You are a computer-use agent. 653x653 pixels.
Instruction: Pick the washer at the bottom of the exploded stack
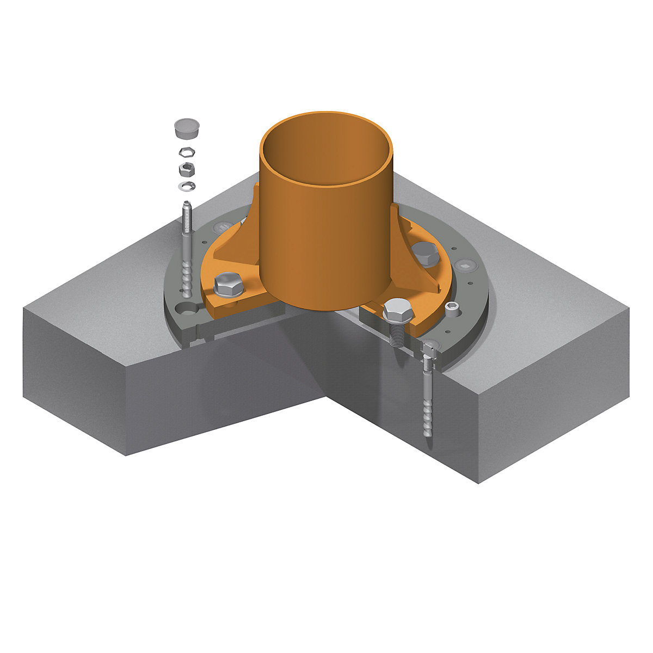pyautogui.click(x=187, y=187)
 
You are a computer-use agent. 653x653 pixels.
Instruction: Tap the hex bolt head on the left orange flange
pyautogui.click(x=229, y=283)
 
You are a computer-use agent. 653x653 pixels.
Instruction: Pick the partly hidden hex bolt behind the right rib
pyautogui.click(x=424, y=252)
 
